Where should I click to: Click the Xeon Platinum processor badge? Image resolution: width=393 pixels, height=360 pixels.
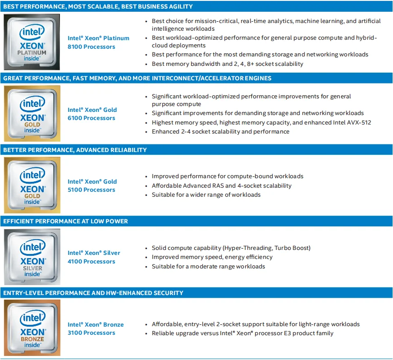(x=32, y=42)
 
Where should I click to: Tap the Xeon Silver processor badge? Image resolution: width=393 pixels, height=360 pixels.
(x=32, y=256)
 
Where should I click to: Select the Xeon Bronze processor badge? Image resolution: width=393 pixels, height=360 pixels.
(x=32, y=328)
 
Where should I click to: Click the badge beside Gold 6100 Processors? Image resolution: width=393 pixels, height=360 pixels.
(x=32, y=113)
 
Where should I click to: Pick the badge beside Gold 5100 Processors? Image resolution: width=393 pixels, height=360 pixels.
(x=32, y=185)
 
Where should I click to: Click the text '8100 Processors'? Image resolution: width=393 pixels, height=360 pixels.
(x=91, y=47)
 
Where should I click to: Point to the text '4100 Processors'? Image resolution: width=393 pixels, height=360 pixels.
(x=91, y=262)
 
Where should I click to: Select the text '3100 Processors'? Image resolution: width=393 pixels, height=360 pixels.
(x=91, y=333)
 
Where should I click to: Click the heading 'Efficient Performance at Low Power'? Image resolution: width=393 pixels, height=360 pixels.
(x=66, y=222)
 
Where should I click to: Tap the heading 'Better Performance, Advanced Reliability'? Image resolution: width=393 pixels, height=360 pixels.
(x=75, y=150)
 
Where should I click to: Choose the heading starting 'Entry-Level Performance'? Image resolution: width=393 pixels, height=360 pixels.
(x=93, y=293)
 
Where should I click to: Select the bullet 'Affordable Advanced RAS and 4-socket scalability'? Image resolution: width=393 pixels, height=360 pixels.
(x=221, y=185)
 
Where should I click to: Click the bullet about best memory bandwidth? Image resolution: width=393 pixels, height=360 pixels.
(x=227, y=64)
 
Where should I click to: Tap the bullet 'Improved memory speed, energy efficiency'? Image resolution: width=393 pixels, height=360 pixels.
(x=212, y=257)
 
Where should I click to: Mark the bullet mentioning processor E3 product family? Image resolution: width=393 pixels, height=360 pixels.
(x=242, y=333)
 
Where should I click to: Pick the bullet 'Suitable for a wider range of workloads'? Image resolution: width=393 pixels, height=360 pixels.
(x=206, y=195)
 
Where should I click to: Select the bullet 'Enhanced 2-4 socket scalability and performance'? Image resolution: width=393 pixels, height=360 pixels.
(x=220, y=132)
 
